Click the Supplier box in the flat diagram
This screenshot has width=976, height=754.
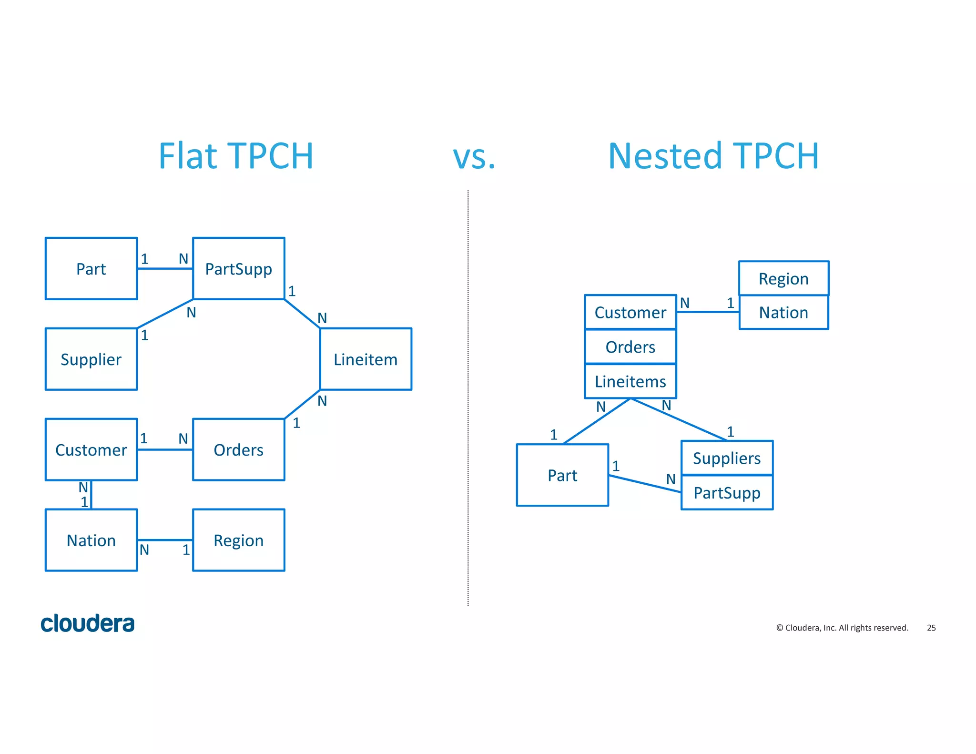point(91,359)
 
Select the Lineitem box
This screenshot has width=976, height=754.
point(366,359)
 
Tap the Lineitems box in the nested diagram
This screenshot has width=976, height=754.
point(630,381)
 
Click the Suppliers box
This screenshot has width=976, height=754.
point(727,458)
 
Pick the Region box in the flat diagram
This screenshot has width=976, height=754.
point(238,540)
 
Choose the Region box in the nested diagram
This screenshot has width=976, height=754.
point(783,278)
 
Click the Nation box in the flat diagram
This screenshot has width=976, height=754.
point(91,540)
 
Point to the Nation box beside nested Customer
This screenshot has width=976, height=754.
point(783,313)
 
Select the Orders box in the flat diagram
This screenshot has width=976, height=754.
point(238,449)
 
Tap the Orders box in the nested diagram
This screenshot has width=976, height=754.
point(630,347)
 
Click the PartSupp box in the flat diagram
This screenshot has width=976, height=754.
point(238,269)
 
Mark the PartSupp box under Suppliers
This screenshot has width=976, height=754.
point(727,493)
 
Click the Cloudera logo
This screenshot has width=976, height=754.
point(88,623)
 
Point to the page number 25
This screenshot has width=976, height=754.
point(931,628)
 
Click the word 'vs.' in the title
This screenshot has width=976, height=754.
point(474,156)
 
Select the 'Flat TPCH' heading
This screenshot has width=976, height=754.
point(236,156)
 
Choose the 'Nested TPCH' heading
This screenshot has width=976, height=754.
point(713,156)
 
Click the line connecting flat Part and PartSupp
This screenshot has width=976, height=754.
point(165,269)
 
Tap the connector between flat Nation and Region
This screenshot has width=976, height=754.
point(165,540)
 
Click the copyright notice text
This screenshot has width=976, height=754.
point(842,628)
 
